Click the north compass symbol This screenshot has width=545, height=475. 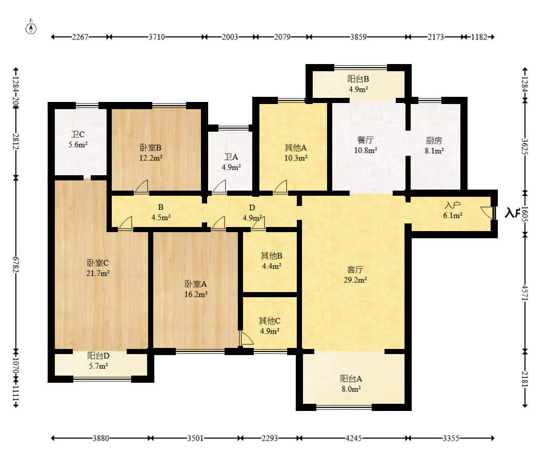click(31, 28)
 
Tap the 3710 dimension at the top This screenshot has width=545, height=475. click(157, 37)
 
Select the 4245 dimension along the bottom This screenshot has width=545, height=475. click(353, 438)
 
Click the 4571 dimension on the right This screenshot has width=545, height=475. click(525, 293)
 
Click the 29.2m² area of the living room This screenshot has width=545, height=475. click(355, 280)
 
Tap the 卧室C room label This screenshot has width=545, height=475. click(97, 263)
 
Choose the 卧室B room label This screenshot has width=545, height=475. click(151, 148)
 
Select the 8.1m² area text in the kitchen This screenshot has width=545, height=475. click(434, 151)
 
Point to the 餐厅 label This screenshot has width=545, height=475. click(366, 140)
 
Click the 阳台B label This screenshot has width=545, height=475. click(358, 79)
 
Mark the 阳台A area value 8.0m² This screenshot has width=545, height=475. click(351, 389)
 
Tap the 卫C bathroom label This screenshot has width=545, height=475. click(78, 134)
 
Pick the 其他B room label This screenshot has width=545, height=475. click(271, 256)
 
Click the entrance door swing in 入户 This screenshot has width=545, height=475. click(487, 212)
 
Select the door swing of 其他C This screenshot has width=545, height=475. click(246, 338)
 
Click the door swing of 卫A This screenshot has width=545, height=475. click(219, 186)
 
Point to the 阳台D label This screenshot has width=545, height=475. click(98, 356)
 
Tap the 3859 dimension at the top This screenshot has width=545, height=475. click(358, 37)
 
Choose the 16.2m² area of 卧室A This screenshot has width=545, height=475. click(196, 294)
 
